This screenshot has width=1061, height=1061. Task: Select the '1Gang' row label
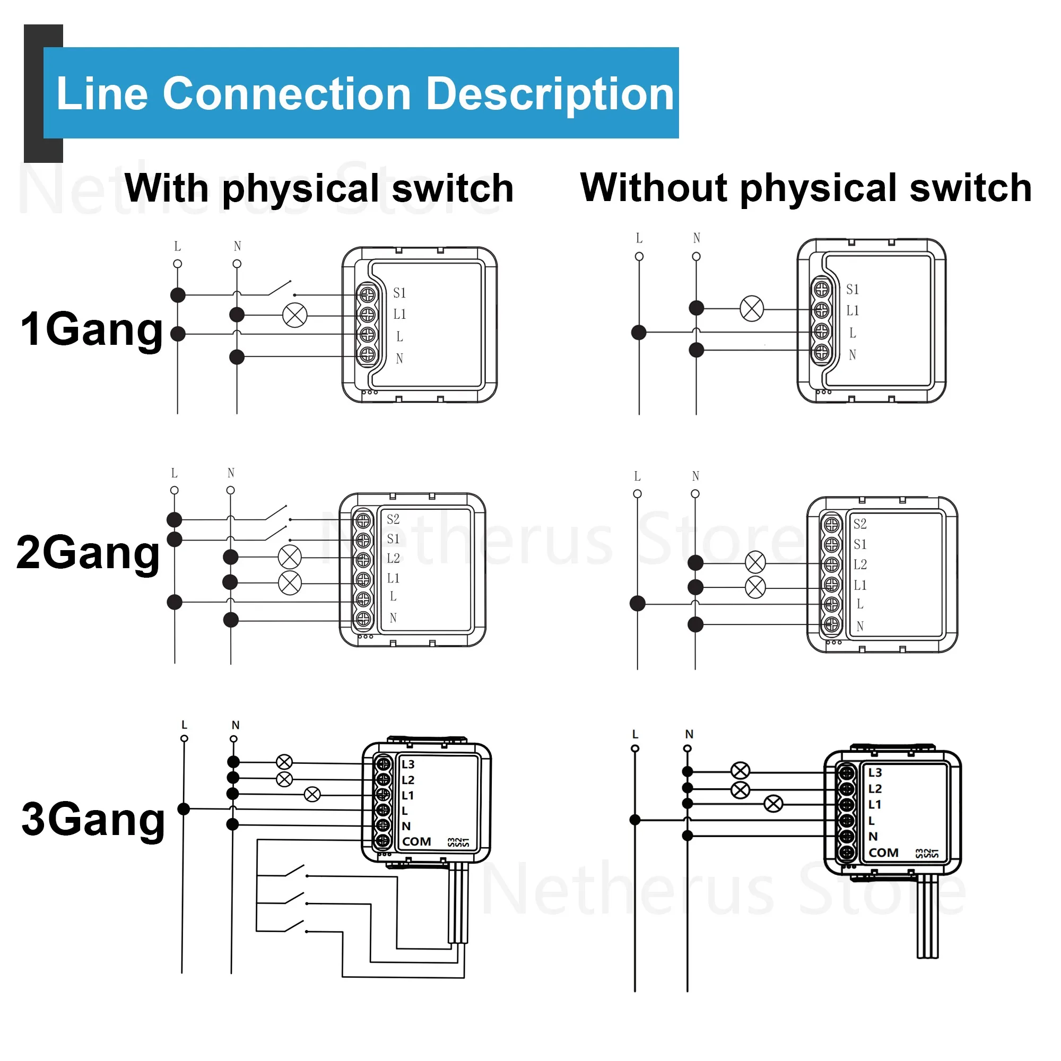(92, 329)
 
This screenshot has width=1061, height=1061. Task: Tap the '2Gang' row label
(88, 552)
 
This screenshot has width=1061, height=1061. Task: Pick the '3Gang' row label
(93, 820)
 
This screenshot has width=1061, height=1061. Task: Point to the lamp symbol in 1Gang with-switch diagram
(295, 315)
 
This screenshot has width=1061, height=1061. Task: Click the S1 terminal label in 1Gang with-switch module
(399, 293)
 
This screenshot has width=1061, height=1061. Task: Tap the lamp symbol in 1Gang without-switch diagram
(752, 308)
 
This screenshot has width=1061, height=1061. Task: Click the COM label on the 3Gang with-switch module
(416, 842)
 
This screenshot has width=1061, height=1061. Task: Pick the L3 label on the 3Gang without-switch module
(875, 773)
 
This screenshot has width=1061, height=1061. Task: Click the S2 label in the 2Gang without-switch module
(860, 524)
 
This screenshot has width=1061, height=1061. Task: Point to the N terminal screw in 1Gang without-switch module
(821, 352)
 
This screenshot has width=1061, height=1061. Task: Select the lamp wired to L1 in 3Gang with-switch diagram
(312, 794)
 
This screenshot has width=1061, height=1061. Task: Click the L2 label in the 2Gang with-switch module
(393, 559)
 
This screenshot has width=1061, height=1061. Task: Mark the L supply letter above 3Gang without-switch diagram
(636, 734)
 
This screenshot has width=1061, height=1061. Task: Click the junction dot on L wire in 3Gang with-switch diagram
(184, 809)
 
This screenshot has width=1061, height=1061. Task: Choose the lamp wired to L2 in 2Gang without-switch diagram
(755, 562)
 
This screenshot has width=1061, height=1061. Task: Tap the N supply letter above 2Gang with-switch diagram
(231, 473)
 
